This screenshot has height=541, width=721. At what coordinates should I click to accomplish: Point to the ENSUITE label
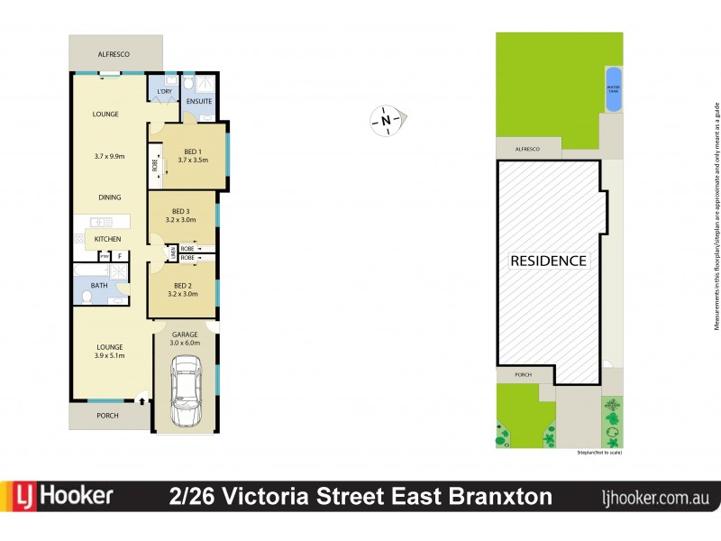click(x=198, y=101)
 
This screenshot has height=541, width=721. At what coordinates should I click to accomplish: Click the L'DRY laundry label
click(x=164, y=92)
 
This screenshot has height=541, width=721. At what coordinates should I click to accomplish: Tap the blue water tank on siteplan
click(x=614, y=88)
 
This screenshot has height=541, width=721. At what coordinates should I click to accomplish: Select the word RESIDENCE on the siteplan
click(x=548, y=261)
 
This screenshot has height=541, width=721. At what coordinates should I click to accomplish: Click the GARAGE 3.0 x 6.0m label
click(x=185, y=338)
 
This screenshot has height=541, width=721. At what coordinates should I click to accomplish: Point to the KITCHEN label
click(x=108, y=239)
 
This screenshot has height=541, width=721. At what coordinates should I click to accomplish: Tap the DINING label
click(x=108, y=197)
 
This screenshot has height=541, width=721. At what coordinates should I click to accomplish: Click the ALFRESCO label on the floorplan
click(x=114, y=55)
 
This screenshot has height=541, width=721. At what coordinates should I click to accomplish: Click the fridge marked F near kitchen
click(x=119, y=256)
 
